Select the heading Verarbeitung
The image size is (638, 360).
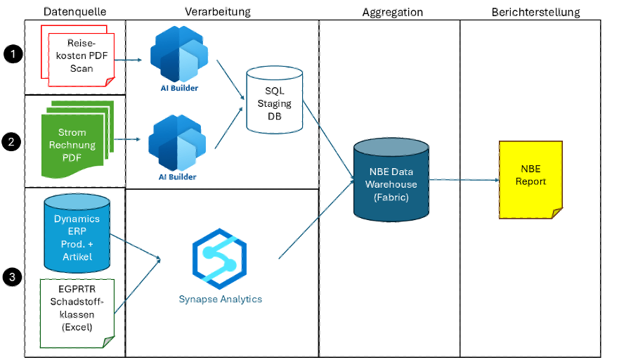[x=217, y=12]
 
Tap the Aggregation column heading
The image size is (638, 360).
[x=393, y=12]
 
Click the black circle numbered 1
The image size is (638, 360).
[x=11, y=53]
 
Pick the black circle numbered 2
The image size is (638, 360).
[x=11, y=141]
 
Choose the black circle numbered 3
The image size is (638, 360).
[x=11, y=277]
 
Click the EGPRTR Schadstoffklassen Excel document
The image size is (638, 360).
[x=77, y=313]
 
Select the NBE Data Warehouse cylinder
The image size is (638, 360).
[x=391, y=180]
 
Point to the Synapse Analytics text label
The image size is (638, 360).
[x=220, y=299]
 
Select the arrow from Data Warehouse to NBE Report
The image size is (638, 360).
[x=464, y=180]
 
